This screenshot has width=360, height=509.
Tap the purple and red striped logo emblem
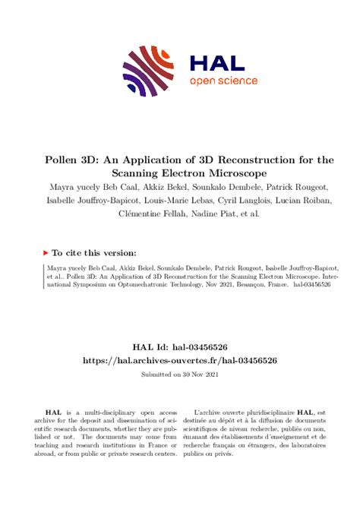(x=149, y=71)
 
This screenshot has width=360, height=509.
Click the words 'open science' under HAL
(x=223, y=81)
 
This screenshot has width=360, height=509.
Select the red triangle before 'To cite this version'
(x=46, y=252)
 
